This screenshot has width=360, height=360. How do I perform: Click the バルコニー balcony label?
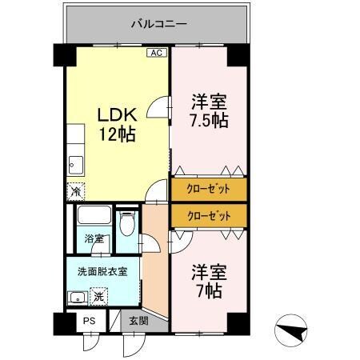tap(158, 23)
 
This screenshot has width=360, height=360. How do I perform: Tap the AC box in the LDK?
tap(157, 54)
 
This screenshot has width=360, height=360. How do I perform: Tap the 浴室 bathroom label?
tap(94, 238)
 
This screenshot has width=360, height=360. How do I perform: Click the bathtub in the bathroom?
tap(94, 217)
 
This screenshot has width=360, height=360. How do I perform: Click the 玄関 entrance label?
tap(138, 322)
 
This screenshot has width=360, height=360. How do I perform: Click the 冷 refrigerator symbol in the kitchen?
tap(75, 192)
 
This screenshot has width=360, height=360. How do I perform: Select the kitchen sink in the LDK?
tap(74, 163)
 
